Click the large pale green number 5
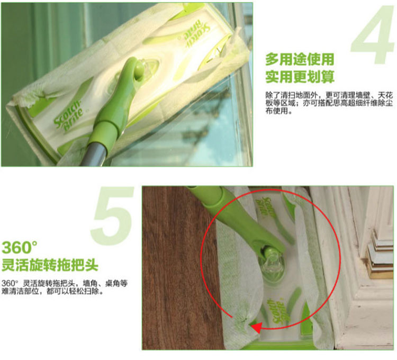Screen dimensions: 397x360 point(113,215)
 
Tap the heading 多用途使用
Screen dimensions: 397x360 point(300,59)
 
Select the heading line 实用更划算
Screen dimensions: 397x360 point(300,77)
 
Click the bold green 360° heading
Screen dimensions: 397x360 point(20,247)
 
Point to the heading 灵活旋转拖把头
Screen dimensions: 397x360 point(50,265)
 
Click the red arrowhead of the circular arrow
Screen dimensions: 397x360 point(257,328)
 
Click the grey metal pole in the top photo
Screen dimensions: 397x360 point(94,152)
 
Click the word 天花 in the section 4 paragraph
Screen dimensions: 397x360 point(385,95)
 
